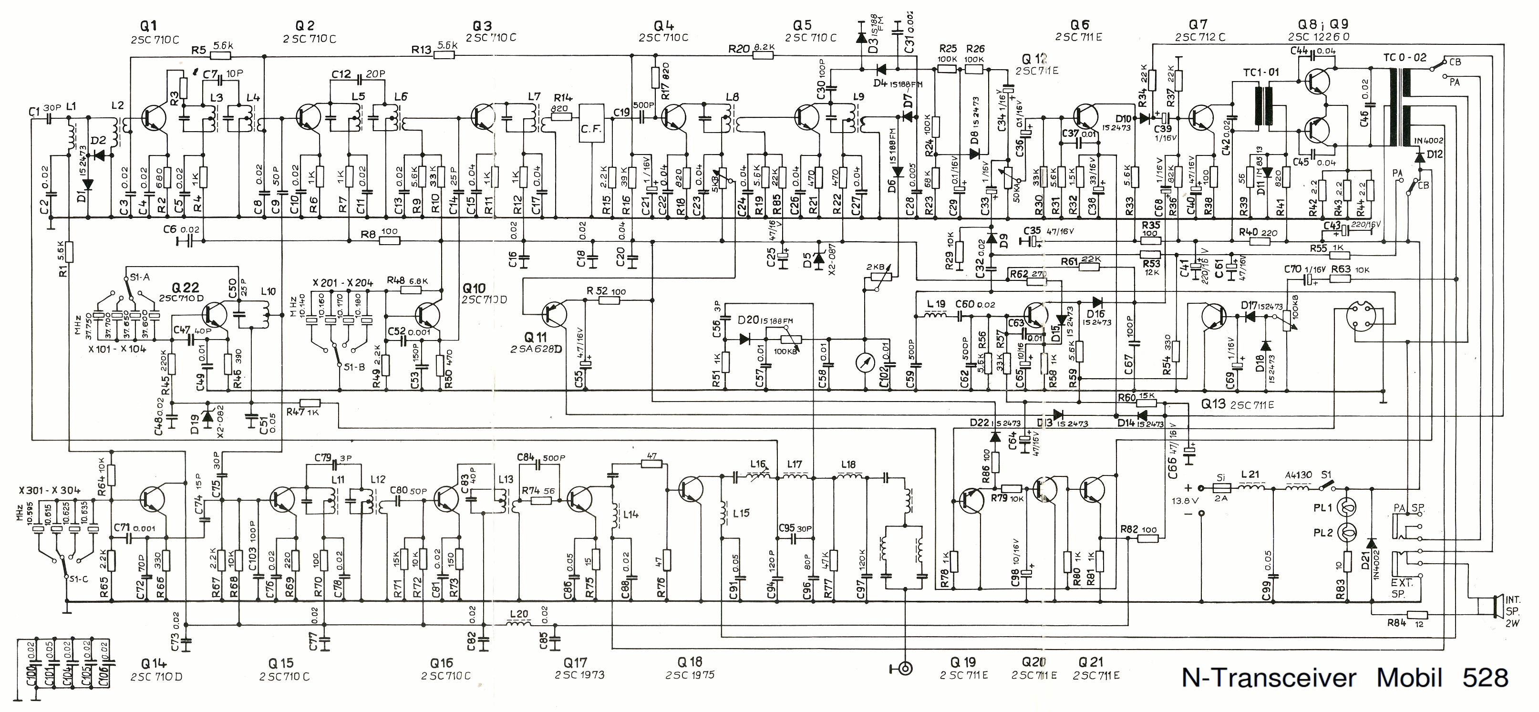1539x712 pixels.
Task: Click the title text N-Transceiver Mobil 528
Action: tap(1345, 678)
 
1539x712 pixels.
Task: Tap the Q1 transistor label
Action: tap(148, 25)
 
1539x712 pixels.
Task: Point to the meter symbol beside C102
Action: tap(865, 362)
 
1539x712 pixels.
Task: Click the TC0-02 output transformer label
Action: tap(1404, 58)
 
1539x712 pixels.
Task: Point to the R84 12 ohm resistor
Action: tap(1416, 615)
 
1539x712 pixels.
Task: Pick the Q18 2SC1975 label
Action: tap(690, 662)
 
